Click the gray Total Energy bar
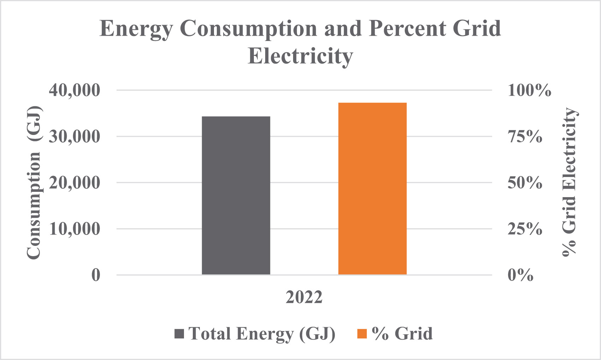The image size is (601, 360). (x=236, y=195)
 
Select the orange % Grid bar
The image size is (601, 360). (x=373, y=189)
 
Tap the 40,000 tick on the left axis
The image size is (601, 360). (x=75, y=90)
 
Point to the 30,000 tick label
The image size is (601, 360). (x=75, y=137)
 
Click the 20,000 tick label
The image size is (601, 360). (x=75, y=183)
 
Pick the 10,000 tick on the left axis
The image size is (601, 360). (x=75, y=229)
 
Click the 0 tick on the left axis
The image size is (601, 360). (x=96, y=275)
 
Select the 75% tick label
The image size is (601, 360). (x=525, y=137)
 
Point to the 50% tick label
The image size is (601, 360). (x=525, y=183)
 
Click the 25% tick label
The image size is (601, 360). (x=525, y=229)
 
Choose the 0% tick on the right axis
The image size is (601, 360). (x=520, y=275)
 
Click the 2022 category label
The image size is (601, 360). (x=304, y=297)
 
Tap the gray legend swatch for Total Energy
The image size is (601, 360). (x=179, y=334)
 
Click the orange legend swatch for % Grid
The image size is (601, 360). (x=362, y=334)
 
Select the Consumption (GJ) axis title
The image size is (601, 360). (x=34, y=183)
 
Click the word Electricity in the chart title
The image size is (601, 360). (x=300, y=56)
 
